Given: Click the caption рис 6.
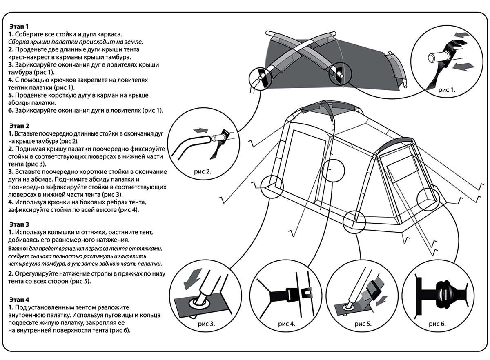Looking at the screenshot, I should [437, 325].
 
